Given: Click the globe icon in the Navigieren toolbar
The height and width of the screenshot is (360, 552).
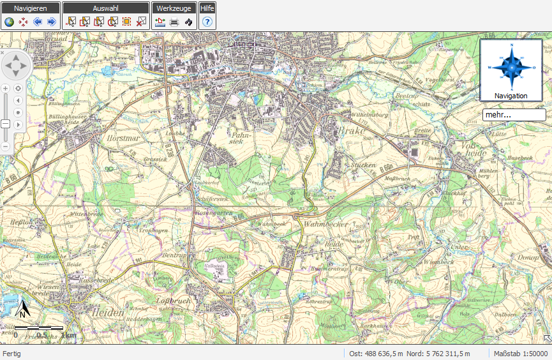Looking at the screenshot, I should pos(10,22).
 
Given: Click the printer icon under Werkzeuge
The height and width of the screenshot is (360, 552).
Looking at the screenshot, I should pos(174,22).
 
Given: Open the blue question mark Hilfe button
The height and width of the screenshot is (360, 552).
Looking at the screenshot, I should pos(207,22).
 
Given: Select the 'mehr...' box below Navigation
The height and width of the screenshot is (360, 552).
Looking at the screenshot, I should pos(514,115).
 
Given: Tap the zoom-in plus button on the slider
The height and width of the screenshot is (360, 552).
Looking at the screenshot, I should pos(6,88).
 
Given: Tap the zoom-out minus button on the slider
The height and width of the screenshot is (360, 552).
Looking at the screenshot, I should pos(6,146).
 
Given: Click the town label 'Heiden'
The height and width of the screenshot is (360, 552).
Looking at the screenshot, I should pos(107,312).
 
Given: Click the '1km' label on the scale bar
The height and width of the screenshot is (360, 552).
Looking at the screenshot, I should pos(69,334).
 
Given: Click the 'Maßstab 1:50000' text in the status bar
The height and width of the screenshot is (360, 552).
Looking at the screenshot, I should pos(520,354).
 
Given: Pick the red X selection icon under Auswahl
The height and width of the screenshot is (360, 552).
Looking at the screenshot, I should pos(141,22).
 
